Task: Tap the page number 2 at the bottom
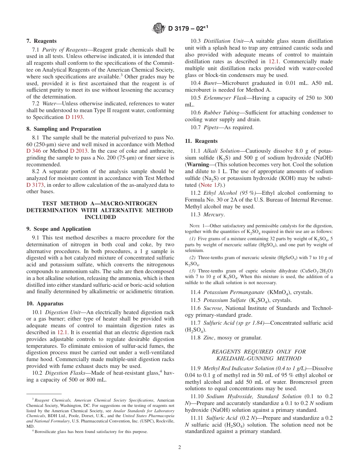coord(180,447)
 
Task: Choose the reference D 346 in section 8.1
coord(33,151)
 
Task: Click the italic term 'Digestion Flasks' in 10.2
coord(63,373)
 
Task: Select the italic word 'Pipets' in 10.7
coord(212,127)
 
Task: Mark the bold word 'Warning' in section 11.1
coord(198,164)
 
